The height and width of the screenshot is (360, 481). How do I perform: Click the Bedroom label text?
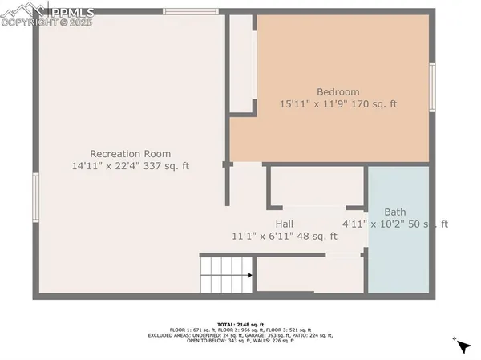click(338, 91)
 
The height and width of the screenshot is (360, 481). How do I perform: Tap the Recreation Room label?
click(130, 153)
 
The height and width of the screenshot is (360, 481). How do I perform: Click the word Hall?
click(284, 224)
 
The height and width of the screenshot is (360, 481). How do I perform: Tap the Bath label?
click(394, 212)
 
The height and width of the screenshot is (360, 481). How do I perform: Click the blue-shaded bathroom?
click(398, 257)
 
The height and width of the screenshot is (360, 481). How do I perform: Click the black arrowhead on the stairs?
click(250, 275)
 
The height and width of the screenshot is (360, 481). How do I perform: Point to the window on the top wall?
click(191, 11)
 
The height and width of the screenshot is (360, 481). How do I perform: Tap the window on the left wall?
click(35, 197)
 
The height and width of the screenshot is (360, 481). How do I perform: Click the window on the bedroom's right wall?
click(432, 87)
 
